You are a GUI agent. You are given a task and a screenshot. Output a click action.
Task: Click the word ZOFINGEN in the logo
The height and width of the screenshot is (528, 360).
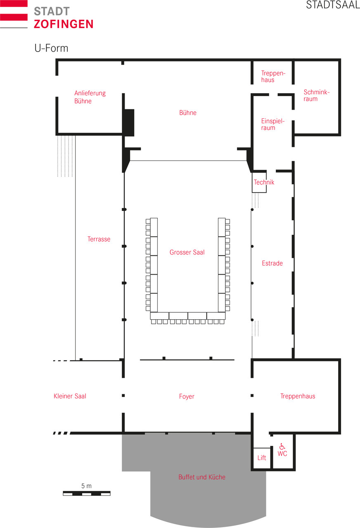click(64, 24)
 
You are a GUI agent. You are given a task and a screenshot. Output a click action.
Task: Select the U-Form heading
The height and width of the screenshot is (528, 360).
click(51, 48)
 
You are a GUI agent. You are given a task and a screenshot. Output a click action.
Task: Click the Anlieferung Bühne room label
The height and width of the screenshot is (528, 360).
click(90, 97)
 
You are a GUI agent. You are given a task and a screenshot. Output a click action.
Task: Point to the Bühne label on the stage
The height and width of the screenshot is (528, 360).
click(188, 113)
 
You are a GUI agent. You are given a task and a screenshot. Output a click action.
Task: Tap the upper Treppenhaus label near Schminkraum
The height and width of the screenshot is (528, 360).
click(273, 76)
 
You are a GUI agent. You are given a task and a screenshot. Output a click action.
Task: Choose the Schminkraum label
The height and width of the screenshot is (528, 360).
click(317, 95)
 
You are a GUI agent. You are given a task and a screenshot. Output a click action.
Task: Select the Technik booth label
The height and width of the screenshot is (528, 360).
click(264, 182)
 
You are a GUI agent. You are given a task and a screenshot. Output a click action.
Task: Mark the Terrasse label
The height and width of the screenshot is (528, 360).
click(99, 239)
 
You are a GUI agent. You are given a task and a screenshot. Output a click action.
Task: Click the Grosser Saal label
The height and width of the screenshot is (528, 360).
click(187, 252)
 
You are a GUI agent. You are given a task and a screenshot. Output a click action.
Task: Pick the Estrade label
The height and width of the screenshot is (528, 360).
click(272, 263)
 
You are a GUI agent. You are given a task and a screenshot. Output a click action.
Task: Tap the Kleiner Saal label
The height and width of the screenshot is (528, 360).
click(70, 396)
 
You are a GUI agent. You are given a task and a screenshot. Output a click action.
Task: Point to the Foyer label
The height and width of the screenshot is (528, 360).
click(187, 396)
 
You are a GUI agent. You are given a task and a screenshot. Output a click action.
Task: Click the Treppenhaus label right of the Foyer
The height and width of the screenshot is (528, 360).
click(297, 396)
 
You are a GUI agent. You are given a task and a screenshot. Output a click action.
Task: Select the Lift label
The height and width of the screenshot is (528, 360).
click(262, 458)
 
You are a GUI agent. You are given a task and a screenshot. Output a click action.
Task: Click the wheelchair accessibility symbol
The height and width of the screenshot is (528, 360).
click(282, 446)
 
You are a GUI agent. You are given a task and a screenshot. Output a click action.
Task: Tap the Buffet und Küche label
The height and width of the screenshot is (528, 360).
click(202, 477)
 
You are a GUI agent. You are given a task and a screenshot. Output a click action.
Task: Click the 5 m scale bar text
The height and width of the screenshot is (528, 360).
click(86, 486)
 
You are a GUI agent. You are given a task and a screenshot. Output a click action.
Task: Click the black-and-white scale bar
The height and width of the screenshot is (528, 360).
click(86, 493)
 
